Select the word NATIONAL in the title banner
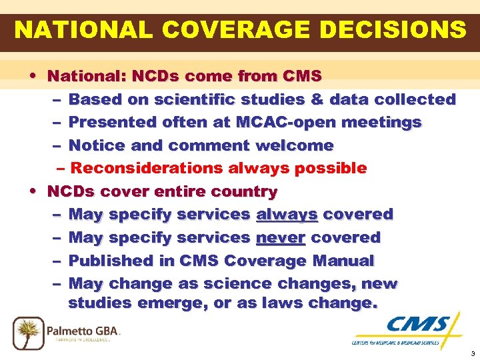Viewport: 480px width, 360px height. (x=71, y=30)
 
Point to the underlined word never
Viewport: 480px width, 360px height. (x=281, y=238)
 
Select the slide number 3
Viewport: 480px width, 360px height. (x=472, y=353)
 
